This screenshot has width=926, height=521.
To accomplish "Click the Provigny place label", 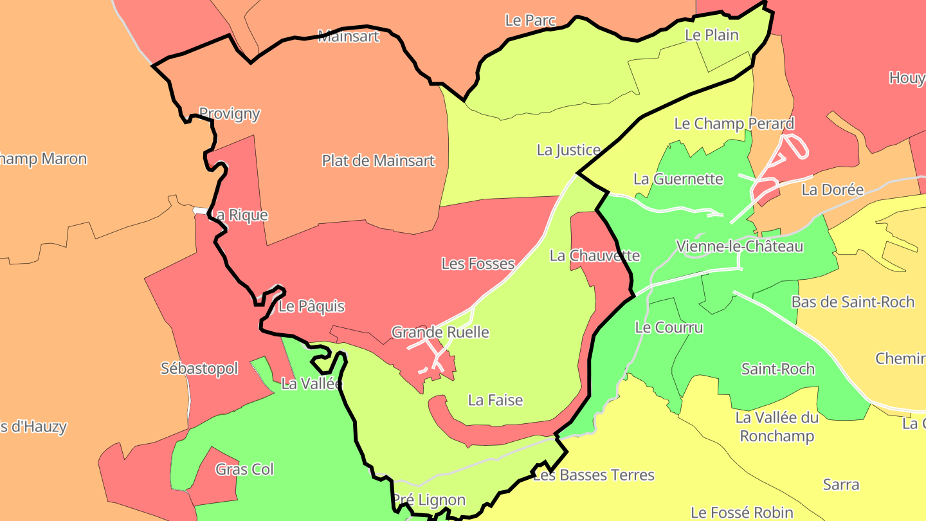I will tap(230, 114).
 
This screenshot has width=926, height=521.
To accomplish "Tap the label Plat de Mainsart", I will tap(378, 161).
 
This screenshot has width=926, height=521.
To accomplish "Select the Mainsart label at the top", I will tap(349, 36).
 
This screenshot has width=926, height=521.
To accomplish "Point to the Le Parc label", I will tap(530, 21).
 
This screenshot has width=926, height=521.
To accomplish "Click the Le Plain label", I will tap(712, 35).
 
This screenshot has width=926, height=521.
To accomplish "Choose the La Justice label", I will tap(568, 150).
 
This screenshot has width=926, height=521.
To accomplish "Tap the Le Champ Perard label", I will tap(734, 123).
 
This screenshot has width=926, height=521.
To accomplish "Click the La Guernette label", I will tap(678, 179).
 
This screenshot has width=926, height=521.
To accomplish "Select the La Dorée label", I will tap(832, 190).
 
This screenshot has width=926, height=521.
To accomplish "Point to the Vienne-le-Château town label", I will tap(740, 246).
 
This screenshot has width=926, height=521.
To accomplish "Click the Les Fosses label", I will tap(478, 264).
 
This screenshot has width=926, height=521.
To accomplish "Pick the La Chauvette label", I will tap(594, 256).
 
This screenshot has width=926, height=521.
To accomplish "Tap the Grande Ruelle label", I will tap(440, 333).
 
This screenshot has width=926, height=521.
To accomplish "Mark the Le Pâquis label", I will tap(311, 307).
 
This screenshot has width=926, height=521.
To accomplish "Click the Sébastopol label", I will tap(199, 369).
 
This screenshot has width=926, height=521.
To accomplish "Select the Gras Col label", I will tap(244, 470).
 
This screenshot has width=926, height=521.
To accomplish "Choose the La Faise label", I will tap(495, 400).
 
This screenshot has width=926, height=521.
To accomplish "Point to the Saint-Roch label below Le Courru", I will tap(777, 369).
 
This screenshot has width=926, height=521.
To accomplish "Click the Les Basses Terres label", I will tap(594, 475).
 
